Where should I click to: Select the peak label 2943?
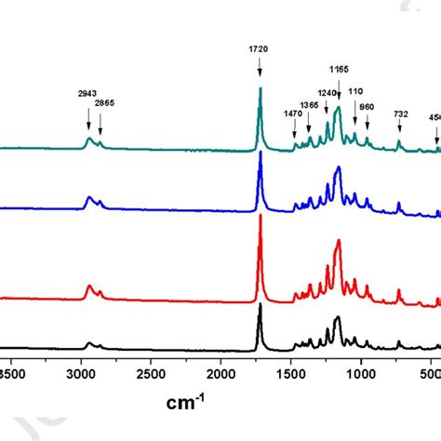88,94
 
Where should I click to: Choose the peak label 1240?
327,93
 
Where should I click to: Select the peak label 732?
400,114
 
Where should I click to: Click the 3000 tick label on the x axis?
80,373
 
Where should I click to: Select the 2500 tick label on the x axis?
150,373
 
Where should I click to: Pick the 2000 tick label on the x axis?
220,373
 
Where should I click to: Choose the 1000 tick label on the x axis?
360,373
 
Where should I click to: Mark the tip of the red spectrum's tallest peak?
261,217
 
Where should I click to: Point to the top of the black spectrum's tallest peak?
261,303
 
